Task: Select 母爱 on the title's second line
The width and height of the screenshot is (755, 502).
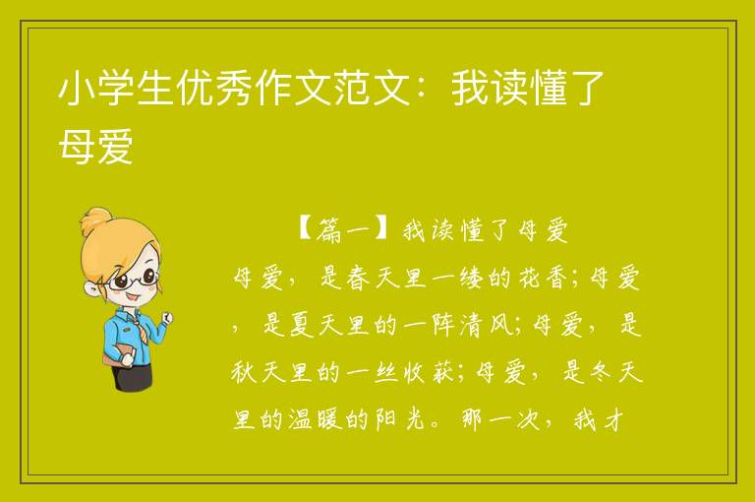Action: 95,146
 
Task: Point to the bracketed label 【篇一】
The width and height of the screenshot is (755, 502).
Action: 342,230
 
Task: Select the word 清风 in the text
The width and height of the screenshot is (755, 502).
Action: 488,325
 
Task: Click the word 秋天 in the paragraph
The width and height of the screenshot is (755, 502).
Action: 259,372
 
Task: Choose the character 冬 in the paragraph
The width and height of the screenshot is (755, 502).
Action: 602,372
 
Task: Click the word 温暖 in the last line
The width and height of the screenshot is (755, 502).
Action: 316,419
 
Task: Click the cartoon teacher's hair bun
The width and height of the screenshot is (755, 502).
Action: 96,220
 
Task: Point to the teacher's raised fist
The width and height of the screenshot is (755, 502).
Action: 167,317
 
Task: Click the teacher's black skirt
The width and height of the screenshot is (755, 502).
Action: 133,376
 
